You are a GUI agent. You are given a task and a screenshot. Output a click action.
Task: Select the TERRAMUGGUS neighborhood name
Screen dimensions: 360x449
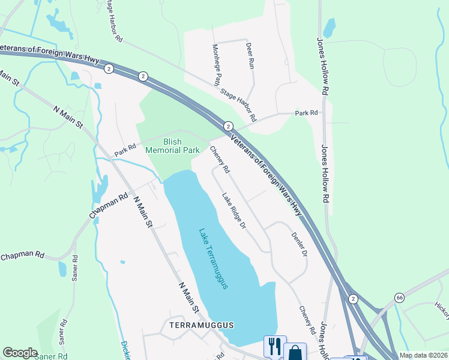(200, 325)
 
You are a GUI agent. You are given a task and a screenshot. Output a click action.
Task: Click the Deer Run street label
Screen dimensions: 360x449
(250, 54)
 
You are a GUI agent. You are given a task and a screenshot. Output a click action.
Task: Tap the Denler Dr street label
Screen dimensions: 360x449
(300, 245)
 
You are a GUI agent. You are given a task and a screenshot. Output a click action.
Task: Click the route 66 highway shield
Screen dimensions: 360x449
(399, 298)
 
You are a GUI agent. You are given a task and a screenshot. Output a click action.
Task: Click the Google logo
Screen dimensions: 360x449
(20, 353)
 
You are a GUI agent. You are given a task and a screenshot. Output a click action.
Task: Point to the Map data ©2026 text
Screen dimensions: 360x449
(423, 355)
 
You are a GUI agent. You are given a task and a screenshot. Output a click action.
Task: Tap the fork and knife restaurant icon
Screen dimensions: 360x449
(275, 346)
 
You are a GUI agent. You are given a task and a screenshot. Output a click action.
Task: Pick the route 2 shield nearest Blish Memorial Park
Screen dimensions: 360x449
(228, 126)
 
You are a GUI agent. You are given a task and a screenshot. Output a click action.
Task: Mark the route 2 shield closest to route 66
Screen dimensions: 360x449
(354, 299)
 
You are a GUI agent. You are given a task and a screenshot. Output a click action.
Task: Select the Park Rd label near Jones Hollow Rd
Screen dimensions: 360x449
(306, 112)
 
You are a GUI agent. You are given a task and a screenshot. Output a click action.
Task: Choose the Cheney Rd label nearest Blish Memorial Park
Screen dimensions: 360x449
(220, 161)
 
